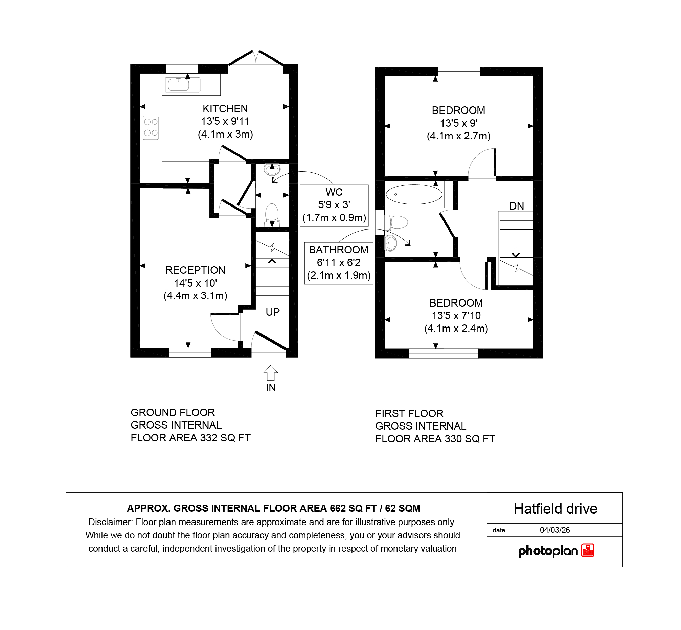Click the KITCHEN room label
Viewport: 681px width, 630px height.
(x=225, y=109)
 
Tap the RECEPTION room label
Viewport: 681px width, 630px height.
(x=195, y=270)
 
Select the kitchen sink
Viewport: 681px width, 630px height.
(x=183, y=84)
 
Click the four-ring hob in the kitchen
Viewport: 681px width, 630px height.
(x=151, y=127)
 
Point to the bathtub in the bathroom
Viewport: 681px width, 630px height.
(x=414, y=194)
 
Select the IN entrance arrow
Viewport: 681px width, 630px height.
(x=271, y=372)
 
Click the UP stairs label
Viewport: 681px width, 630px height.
(x=273, y=312)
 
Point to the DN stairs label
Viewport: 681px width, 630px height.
(x=517, y=206)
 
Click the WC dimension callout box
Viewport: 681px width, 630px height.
(x=334, y=205)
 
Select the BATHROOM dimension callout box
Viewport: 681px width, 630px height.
(x=339, y=263)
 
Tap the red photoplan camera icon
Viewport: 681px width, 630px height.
(x=588, y=551)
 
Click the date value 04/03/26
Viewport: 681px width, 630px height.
(x=555, y=530)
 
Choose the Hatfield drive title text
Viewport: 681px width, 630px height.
(x=555, y=509)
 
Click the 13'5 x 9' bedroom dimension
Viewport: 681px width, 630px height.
(x=458, y=123)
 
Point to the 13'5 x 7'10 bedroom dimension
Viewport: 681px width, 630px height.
(x=456, y=316)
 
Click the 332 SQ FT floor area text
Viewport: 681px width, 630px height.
(x=225, y=438)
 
